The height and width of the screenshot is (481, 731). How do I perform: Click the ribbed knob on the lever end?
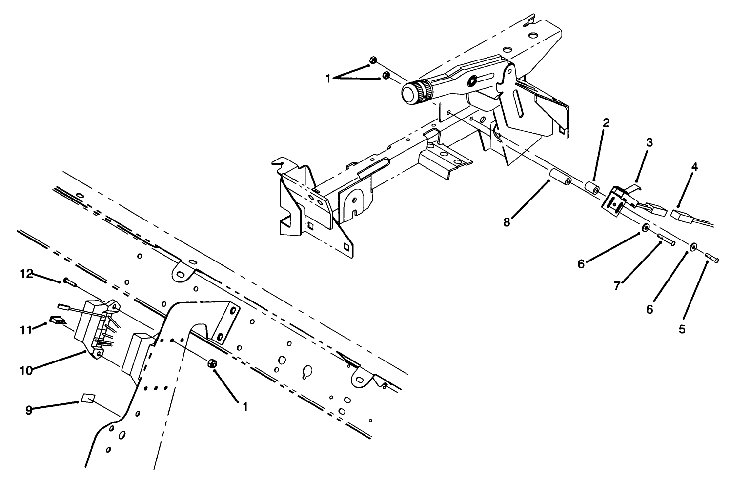pos(415,92)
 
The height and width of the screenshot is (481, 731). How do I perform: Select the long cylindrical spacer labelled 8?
pos(562,180)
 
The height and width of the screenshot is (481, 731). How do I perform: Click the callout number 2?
pos(606,123)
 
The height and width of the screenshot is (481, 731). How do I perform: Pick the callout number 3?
pos(650,142)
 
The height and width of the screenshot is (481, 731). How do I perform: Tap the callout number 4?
pos(694,167)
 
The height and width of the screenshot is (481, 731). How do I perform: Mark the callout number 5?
pos(682,329)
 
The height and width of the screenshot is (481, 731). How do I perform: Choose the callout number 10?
pos(26,371)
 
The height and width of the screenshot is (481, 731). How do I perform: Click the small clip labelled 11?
pos(58,320)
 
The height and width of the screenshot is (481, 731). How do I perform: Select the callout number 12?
pos(26,274)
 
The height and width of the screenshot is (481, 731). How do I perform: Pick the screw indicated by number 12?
pos(70,282)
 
